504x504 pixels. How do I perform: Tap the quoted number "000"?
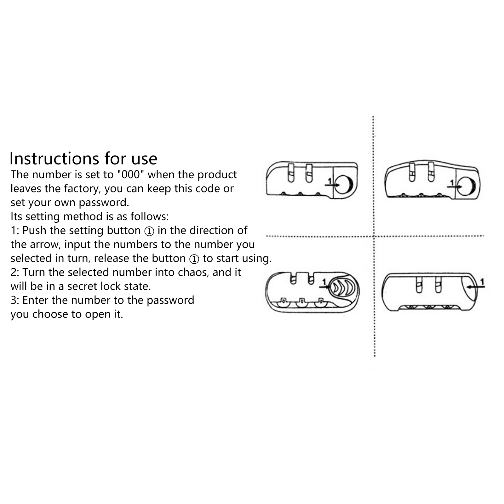pos(130,174)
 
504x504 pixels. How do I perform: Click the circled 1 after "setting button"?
pos(149,231)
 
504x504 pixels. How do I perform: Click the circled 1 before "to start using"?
pos(194,259)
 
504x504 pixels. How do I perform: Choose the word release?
pos(112,258)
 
